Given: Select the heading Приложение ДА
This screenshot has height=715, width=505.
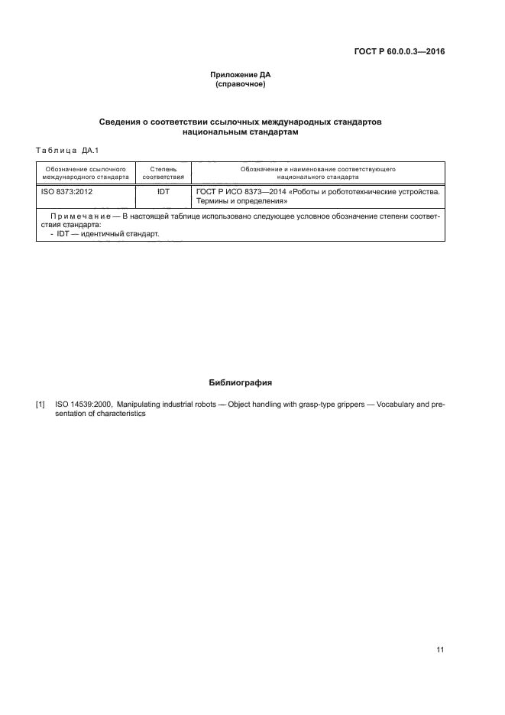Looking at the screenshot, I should click(x=241, y=75).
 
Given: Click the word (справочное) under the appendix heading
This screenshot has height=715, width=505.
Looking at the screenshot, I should click(x=241, y=84).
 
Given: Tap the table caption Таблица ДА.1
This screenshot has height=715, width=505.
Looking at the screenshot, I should click(x=68, y=149).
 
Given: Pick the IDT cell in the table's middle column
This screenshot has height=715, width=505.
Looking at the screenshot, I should click(x=163, y=191).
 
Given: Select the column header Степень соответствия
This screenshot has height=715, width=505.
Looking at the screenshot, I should click(x=163, y=171).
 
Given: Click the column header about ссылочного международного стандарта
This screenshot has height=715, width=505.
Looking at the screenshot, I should click(x=86, y=171).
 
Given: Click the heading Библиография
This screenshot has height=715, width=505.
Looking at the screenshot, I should click(x=240, y=382).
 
